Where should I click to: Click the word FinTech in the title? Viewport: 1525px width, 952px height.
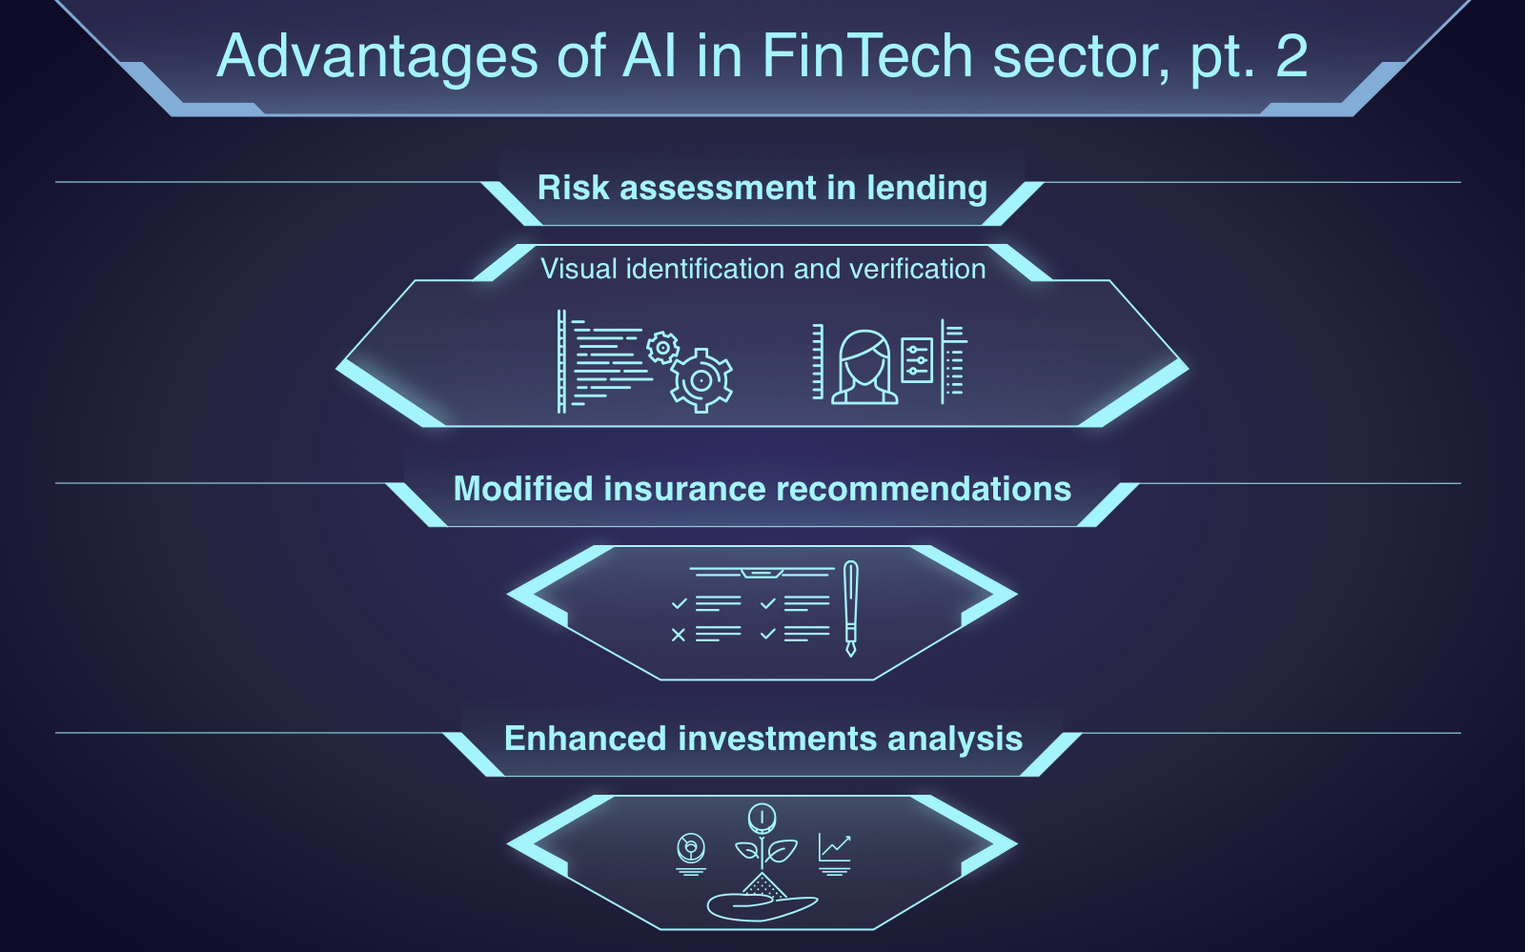point(867,56)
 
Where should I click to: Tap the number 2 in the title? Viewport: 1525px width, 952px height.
point(1291,56)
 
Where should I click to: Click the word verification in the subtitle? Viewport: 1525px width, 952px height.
point(918,269)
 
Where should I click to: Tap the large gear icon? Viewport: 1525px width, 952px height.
point(701,380)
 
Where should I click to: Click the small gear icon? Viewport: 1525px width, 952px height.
point(662,348)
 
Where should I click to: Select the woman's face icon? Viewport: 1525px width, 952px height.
point(864,368)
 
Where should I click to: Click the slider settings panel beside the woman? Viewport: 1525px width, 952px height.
point(917,360)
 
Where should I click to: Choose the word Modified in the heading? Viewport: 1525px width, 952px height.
point(523,489)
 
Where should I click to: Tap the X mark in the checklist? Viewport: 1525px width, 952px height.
point(678,635)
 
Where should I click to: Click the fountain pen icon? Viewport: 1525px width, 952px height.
point(850,608)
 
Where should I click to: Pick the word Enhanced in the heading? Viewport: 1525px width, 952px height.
point(585,739)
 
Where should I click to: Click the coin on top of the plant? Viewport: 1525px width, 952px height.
point(762,818)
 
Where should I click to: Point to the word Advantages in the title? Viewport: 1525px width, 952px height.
point(377,57)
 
